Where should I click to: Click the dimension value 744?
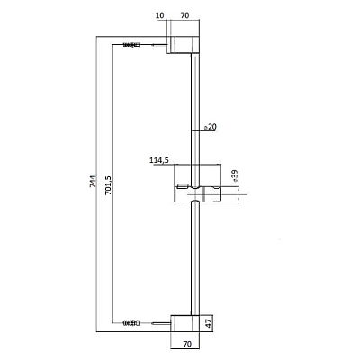pos(93,182)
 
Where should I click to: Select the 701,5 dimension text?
pos(109,185)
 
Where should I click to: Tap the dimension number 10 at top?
pos(160,15)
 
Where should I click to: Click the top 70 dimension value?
pos(185,15)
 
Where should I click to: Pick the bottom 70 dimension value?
pos(186,344)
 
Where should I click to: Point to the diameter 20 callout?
pos(211,127)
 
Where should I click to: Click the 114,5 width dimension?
pos(159,161)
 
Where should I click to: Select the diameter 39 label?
pos(235,175)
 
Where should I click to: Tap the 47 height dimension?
pos(209,323)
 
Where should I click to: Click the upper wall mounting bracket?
pos(183,45)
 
